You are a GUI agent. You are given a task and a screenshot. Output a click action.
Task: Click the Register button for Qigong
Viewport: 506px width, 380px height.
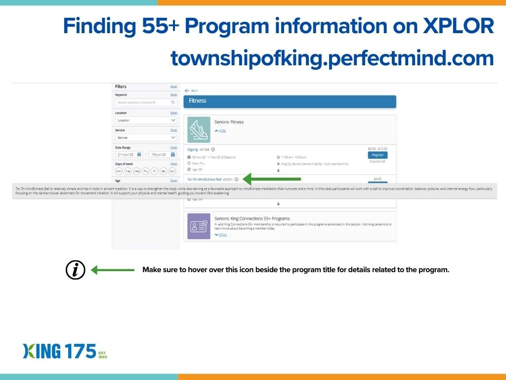(x=378, y=155)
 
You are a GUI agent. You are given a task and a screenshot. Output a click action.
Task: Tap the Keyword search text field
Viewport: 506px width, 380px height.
(x=143, y=102)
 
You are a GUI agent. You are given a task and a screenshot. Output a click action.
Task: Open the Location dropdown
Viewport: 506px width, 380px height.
(x=146, y=120)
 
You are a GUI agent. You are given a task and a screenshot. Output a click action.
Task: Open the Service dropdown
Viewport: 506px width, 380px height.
(x=146, y=138)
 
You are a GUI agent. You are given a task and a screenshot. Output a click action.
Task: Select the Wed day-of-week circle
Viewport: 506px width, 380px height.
(x=136, y=171)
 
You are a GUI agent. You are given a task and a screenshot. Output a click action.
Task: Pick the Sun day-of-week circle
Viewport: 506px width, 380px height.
(x=172, y=171)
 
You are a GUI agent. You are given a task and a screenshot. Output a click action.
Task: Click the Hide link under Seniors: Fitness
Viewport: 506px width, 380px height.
(x=220, y=131)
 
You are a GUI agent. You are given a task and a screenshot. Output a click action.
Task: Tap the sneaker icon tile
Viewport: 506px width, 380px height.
(x=199, y=130)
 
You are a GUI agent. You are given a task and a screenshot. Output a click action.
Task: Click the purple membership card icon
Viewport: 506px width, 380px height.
(x=199, y=226)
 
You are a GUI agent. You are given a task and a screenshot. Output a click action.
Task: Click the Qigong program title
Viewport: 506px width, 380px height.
(x=193, y=149)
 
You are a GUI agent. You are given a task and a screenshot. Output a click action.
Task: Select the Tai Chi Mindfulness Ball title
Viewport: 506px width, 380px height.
(x=205, y=179)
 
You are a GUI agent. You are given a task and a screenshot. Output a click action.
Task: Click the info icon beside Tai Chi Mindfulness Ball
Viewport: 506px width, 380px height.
(x=237, y=179)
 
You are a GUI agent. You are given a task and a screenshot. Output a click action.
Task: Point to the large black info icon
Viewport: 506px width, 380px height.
(x=76, y=270)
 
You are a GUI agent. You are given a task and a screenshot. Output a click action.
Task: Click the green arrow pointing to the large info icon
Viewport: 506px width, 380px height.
(x=113, y=270)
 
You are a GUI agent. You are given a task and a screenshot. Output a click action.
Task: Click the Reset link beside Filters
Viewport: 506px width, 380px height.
(x=173, y=87)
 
